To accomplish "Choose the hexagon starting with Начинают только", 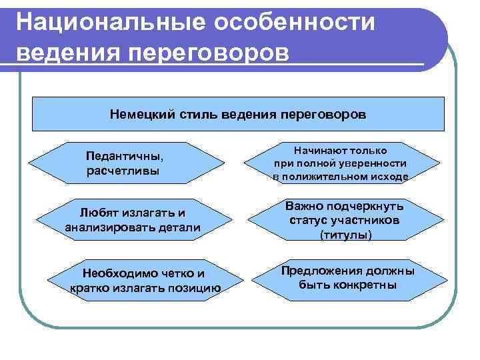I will point(340,163).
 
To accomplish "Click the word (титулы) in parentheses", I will point(346,235).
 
